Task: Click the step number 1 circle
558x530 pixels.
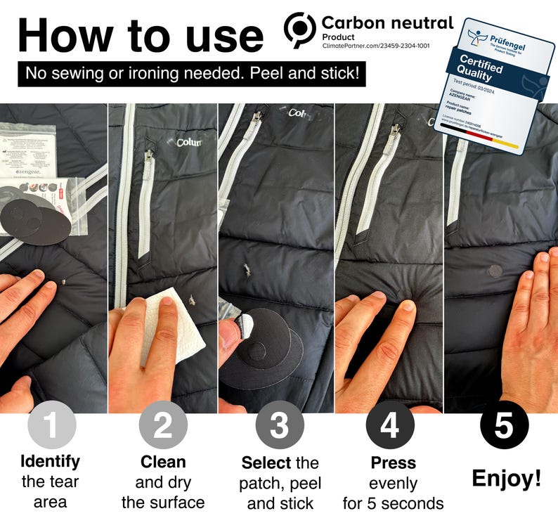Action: click(x=51, y=426)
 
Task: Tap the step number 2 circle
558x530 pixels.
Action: click(x=162, y=426)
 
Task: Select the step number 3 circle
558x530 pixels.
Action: click(x=279, y=426)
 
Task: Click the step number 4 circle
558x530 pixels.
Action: click(x=390, y=426)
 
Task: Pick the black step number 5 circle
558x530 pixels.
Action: click(x=504, y=426)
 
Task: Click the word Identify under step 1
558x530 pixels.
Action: click(x=50, y=462)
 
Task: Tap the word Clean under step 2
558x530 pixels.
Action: click(x=162, y=462)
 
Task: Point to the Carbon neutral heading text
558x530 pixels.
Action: click(x=387, y=22)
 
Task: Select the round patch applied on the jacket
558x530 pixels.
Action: click(x=495, y=271)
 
